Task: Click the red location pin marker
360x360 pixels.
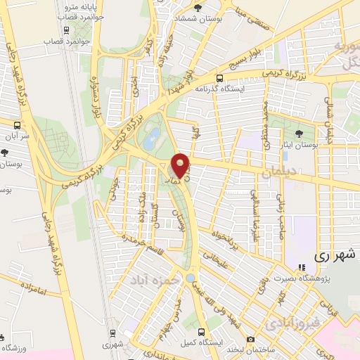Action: coord(181,165)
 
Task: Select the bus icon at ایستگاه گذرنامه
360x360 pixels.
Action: coord(220,79)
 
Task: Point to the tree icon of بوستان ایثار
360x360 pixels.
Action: coord(300,133)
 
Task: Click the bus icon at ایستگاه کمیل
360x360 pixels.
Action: coord(201,330)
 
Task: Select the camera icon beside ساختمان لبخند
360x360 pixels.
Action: coord(251,340)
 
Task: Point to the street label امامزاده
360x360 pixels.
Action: coord(33,287)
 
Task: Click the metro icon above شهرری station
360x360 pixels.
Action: coord(111,333)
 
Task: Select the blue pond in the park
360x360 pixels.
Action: coord(150,139)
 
